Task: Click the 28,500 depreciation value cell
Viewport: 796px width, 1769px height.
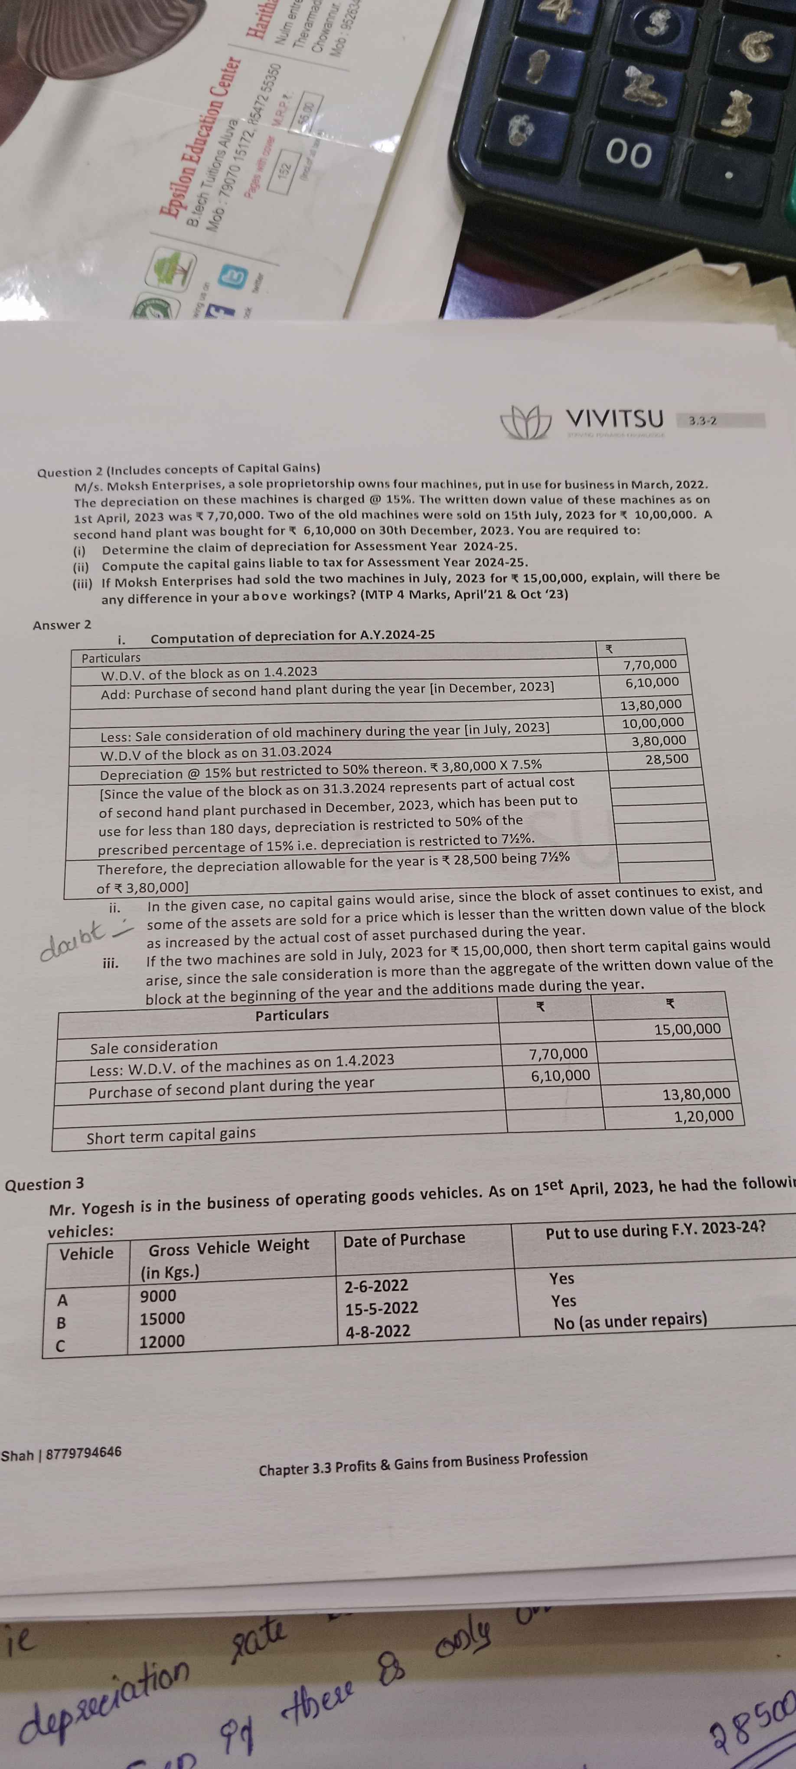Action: click(x=666, y=759)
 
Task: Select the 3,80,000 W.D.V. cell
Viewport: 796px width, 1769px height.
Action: click(x=658, y=740)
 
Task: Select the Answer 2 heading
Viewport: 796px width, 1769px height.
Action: click(x=62, y=624)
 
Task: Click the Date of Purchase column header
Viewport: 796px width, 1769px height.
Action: click(x=404, y=1239)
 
